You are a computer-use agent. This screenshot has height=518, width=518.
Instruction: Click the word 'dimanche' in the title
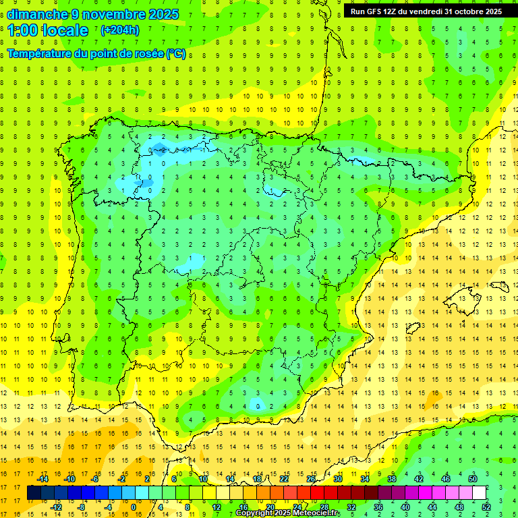(36, 14)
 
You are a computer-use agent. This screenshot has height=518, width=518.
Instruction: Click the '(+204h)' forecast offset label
(121, 30)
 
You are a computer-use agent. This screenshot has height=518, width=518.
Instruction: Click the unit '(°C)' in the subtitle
(176, 54)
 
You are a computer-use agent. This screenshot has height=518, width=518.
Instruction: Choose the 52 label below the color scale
(487, 507)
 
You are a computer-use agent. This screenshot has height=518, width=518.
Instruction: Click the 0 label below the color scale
(134, 507)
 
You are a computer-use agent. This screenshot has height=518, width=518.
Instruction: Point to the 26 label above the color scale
(311, 479)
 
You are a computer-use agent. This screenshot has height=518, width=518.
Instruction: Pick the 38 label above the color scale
(392, 479)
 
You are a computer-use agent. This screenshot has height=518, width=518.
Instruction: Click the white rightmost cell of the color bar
(480, 493)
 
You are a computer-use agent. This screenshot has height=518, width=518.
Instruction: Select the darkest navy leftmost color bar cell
(34, 493)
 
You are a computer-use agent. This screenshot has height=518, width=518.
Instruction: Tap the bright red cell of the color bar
(317, 493)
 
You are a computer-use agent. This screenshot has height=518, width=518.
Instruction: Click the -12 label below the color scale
(57, 507)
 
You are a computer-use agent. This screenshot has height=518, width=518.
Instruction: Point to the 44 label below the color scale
(432, 507)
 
